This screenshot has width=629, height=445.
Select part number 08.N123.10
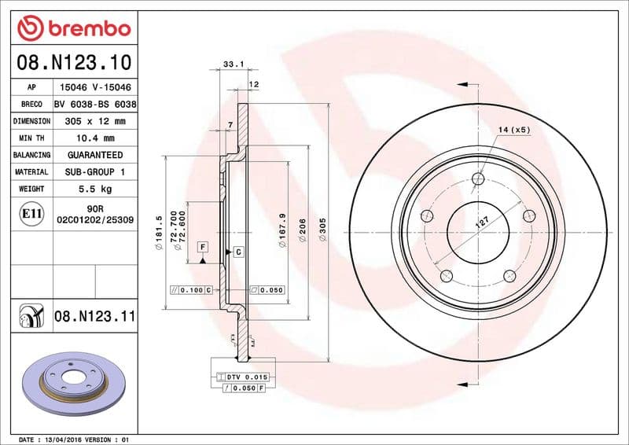click(74, 61)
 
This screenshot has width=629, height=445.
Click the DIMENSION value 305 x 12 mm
click(94, 121)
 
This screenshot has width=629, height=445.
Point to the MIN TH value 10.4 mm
click(94, 138)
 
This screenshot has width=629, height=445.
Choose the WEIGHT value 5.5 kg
click(94, 189)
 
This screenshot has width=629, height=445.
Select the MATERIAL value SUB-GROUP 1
click(94, 171)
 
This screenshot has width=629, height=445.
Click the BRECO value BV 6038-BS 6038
click(94, 104)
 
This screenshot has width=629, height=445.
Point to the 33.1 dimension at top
click(231, 64)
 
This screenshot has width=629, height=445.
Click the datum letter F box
click(203, 247)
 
